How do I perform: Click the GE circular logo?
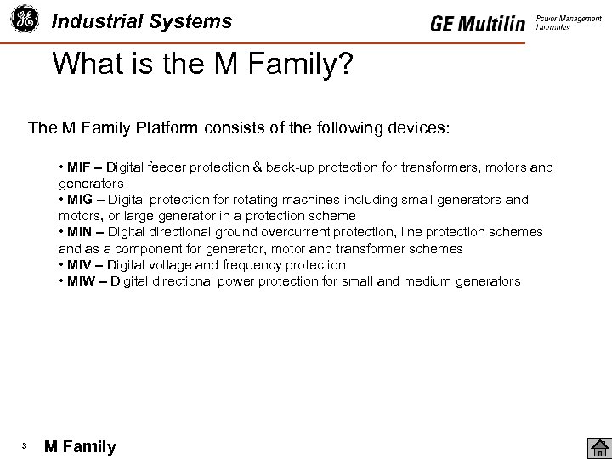coord(24,20)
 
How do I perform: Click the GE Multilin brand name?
coord(478,24)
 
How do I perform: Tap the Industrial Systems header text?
coord(141,21)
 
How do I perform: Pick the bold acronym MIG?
coord(80,200)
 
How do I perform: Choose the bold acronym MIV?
coord(79,265)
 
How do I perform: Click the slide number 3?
coord(25,446)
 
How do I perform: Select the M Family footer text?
coord(80,447)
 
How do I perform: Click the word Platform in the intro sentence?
coord(164,128)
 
